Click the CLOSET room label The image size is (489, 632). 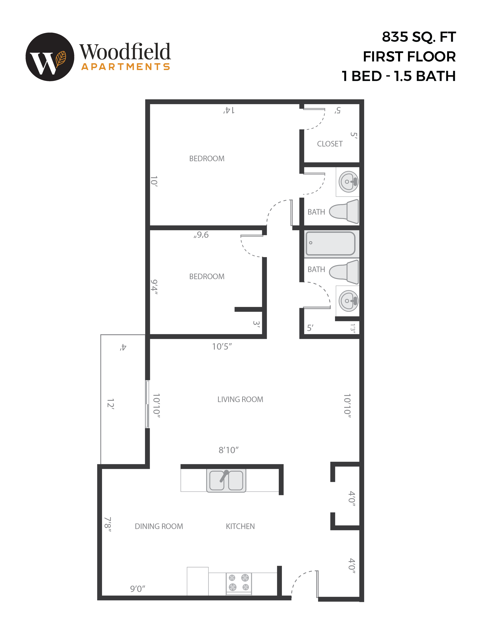(x=330, y=144)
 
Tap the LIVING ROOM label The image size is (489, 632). (x=240, y=399)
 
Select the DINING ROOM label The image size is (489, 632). (x=159, y=526)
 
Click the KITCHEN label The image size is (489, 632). (x=240, y=526)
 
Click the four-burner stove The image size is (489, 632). (x=239, y=582)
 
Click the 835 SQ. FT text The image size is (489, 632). (x=419, y=37)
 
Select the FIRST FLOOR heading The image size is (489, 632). (x=409, y=57)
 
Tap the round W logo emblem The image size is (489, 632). (x=50, y=57)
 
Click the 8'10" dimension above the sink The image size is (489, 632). (x=228, y=450)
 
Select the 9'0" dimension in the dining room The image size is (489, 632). (x=137, y=589)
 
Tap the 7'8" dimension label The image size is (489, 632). (x=108, y=524)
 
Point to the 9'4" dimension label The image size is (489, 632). (x=154, y=287)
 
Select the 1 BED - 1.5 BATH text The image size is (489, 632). (x=398, y=76)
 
